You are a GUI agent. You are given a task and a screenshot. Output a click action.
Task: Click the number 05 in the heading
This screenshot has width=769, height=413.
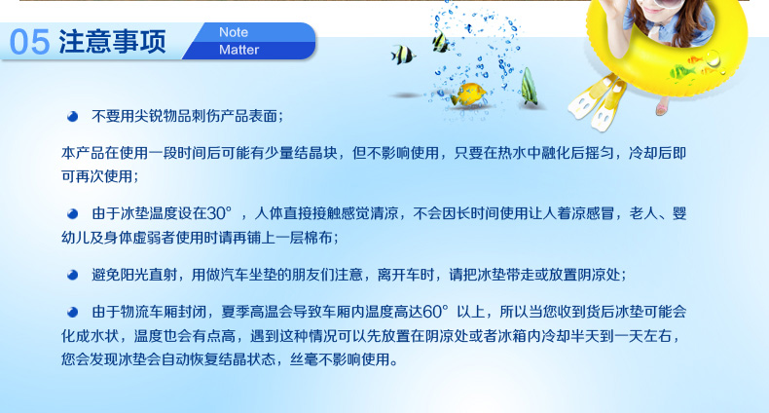point(29,42)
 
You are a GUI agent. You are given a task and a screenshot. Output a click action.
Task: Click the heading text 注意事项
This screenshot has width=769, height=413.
point(112,41)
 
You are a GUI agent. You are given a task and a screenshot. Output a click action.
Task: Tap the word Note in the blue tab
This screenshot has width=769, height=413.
point(234,32)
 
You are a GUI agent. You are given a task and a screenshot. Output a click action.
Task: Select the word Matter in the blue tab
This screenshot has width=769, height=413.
point(238,50)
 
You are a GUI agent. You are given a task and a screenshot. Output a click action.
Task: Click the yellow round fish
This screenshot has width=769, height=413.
point(469,94)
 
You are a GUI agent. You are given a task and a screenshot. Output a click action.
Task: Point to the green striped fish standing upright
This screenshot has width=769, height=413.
point(529,87)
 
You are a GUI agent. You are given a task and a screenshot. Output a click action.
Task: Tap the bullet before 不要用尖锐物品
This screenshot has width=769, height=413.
point(73,116)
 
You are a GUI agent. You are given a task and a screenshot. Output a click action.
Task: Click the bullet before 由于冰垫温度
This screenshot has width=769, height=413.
point(73,214)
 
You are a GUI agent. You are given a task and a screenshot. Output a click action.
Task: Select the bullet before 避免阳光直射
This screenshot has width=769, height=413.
point(73,275)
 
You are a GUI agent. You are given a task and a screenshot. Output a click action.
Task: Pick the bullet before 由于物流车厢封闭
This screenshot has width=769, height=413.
point(73,312)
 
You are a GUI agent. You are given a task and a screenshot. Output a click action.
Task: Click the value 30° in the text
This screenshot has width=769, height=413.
point(219,213)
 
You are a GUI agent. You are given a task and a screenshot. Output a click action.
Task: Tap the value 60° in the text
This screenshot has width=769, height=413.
point(435,312)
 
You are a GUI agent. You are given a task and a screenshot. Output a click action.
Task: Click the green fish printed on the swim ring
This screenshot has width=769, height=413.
point(682,73)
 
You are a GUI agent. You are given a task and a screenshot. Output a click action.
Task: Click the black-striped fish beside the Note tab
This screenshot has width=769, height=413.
point(403,55)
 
